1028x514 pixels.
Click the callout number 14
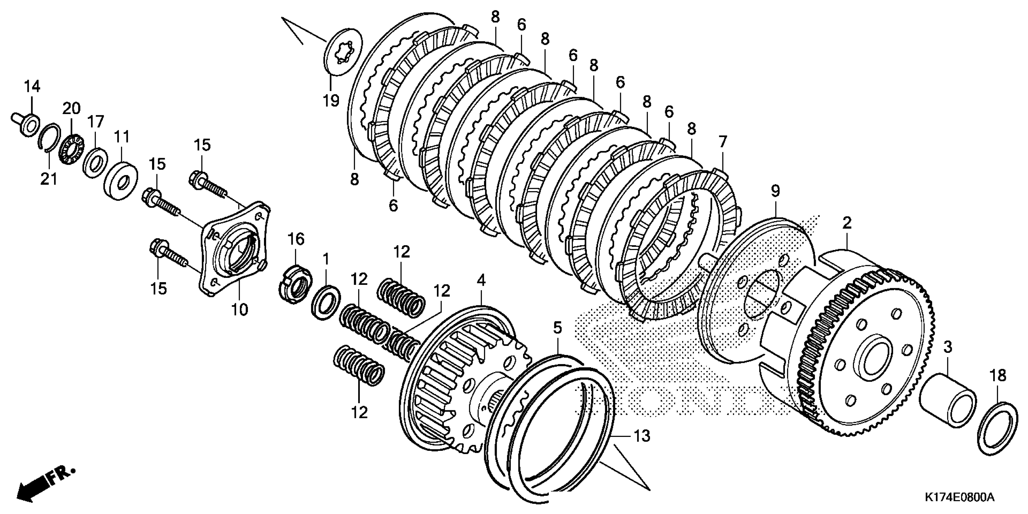coord(32,86)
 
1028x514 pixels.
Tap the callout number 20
coord(71,108)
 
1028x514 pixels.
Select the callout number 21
coord(49,179)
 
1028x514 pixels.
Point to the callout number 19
coord(331,100)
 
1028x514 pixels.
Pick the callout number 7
coord(723,142)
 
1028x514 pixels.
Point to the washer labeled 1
coord(326,302)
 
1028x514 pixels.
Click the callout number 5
coord(557,328)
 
